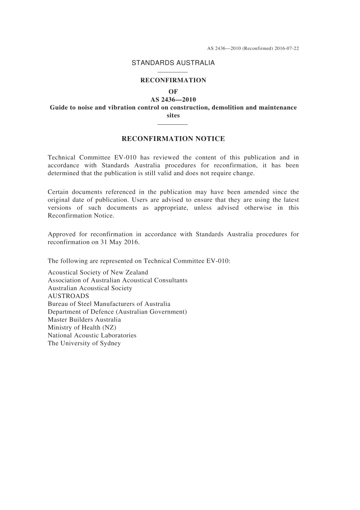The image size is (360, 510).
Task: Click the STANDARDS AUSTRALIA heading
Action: (x=173, y=63)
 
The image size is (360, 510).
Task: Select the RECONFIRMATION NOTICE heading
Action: (x=173, y=139)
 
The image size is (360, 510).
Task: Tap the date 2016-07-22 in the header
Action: (x=287, y=49)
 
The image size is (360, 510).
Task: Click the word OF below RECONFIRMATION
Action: (x=173, y=91)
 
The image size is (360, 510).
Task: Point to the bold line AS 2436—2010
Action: (x=173, y=100)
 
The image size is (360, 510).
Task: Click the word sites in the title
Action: (x=173, y=115)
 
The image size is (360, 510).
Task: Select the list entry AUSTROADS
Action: (x=68, y=296)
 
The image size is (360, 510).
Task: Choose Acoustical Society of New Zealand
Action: (x=98, y=272)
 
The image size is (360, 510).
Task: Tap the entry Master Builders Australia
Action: (x=84, y=319)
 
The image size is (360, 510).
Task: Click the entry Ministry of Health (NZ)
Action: (x=82, y=327)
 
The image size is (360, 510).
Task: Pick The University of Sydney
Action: (x=84, y=343)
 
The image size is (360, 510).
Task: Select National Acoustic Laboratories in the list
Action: (x=92, y=335)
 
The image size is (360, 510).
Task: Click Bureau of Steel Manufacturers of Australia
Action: (x=109, y=304)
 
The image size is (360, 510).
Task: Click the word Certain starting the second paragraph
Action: (x=58, y=192)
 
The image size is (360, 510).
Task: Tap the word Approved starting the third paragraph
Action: (x=61, y=234)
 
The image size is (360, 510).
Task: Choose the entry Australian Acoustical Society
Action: (x=90, y=288)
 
